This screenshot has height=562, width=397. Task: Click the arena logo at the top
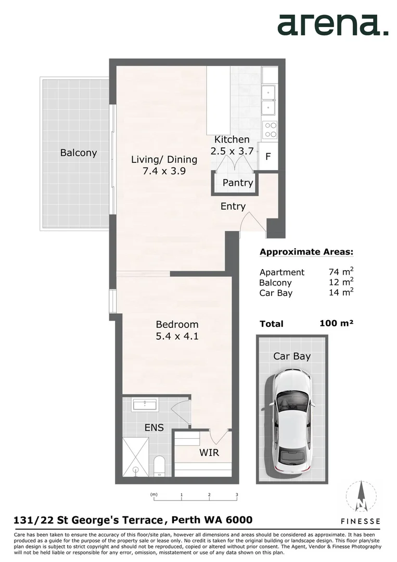(332, 24)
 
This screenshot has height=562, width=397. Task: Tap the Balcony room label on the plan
(79, 153)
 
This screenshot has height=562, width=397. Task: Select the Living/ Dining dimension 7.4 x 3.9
(164, 171)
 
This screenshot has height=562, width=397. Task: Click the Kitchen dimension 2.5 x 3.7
(232, 151)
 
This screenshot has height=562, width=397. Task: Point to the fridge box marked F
(268, 156)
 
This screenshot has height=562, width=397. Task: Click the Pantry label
(238, 183)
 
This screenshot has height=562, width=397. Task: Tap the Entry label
(233, 206)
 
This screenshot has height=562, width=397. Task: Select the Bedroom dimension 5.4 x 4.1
(177, 336)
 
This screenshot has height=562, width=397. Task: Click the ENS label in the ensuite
(154, 428)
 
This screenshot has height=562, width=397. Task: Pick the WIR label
(209, 453)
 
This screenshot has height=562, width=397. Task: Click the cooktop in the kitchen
(270, 129)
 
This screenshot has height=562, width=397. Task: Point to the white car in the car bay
(293, 419)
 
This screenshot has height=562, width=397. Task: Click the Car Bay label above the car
(292, 356)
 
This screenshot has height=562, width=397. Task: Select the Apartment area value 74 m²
(341, 272)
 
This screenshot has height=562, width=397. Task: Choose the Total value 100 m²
(336, 323)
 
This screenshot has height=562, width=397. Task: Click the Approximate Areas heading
(306, 252)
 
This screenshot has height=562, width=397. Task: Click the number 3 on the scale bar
(237, 495)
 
